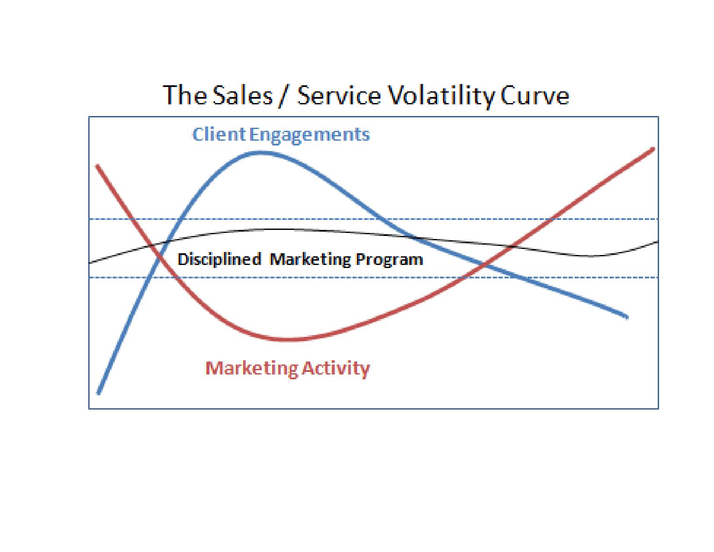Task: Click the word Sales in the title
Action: click(243, 95)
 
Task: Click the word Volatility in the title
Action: click(441, 96)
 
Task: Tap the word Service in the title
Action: click(339, 95)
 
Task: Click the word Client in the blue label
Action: click(219, 135)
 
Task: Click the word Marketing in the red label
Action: click(252, 368)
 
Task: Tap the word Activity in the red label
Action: click(335, 368)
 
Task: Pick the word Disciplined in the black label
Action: click(219, 259)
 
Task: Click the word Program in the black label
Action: click(389, 260)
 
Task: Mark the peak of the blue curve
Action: click(261, 152)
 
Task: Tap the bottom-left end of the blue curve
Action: click(99, 393)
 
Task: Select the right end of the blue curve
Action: click(627, 317)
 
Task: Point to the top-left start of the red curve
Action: click(97, 166)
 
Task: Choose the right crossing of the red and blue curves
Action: click(486, 264)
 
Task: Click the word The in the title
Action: click(185, 95)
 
